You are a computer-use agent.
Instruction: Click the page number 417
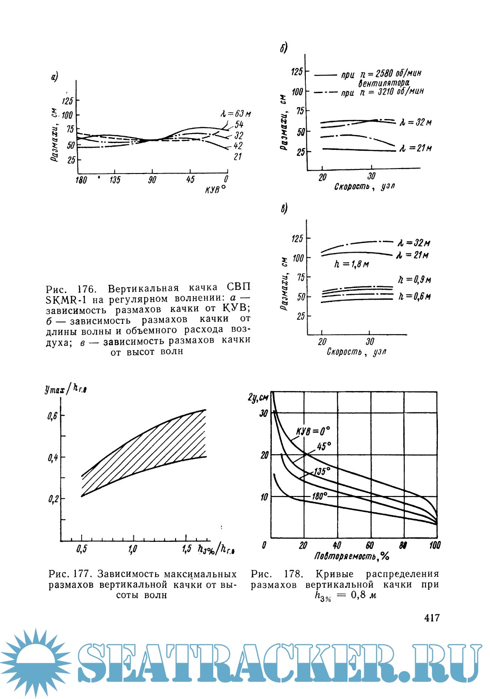(x=431, y=618)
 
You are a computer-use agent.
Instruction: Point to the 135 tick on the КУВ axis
(x=115, y=180)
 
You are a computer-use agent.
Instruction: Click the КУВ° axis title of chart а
(x=215, y=188)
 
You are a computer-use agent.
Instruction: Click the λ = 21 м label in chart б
(x=415, y=148)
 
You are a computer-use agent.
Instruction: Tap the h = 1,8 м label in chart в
(x=351, y=264)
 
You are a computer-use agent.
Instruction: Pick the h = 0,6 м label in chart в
(x=414, y=296)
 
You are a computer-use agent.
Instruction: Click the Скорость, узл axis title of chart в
(x=356, y=352)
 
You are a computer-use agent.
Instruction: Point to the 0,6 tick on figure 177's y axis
(x=53, y=416)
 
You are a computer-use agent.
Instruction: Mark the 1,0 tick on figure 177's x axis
(x=132, y=549)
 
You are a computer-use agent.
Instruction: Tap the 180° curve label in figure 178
(x=319, y=496)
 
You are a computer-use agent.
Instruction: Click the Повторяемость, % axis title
(x=352, y=556)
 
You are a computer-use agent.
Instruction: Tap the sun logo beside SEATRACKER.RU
(x=35, y=664)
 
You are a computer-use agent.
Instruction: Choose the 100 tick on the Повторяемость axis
(x=435, y=545)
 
